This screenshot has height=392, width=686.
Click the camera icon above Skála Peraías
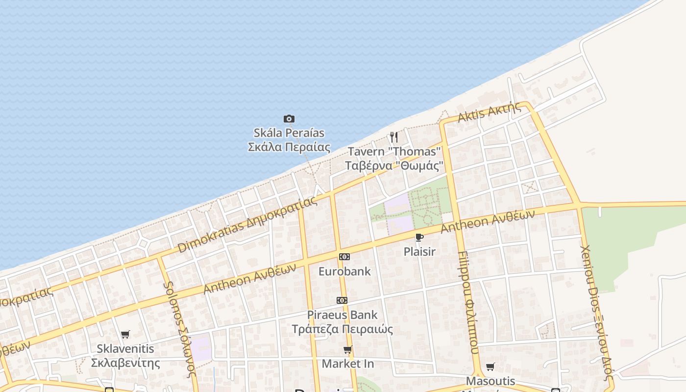point(289,119)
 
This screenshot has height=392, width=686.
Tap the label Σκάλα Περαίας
point(289,147)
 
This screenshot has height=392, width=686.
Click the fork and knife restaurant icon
point(394,137)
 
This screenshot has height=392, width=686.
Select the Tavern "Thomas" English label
point(394,151)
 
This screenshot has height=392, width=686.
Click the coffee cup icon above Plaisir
point(419,238)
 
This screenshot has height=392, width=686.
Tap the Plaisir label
point(419,251)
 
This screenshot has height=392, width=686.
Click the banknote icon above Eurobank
point(344,257)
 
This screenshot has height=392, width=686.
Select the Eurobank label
point(344,271)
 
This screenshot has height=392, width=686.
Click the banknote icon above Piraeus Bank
point(342,300)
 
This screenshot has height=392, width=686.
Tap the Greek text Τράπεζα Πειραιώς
point(342,329)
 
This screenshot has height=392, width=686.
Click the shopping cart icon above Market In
point(348,350)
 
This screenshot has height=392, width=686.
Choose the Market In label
point(348,364)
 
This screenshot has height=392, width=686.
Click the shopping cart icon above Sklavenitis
point(125,335)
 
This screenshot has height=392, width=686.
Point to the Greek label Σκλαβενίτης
point(125,363)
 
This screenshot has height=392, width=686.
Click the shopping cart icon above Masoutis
point(490,367)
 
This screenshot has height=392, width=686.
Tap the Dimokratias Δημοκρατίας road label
point(247,225)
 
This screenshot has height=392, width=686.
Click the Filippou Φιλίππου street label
point(467,302)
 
